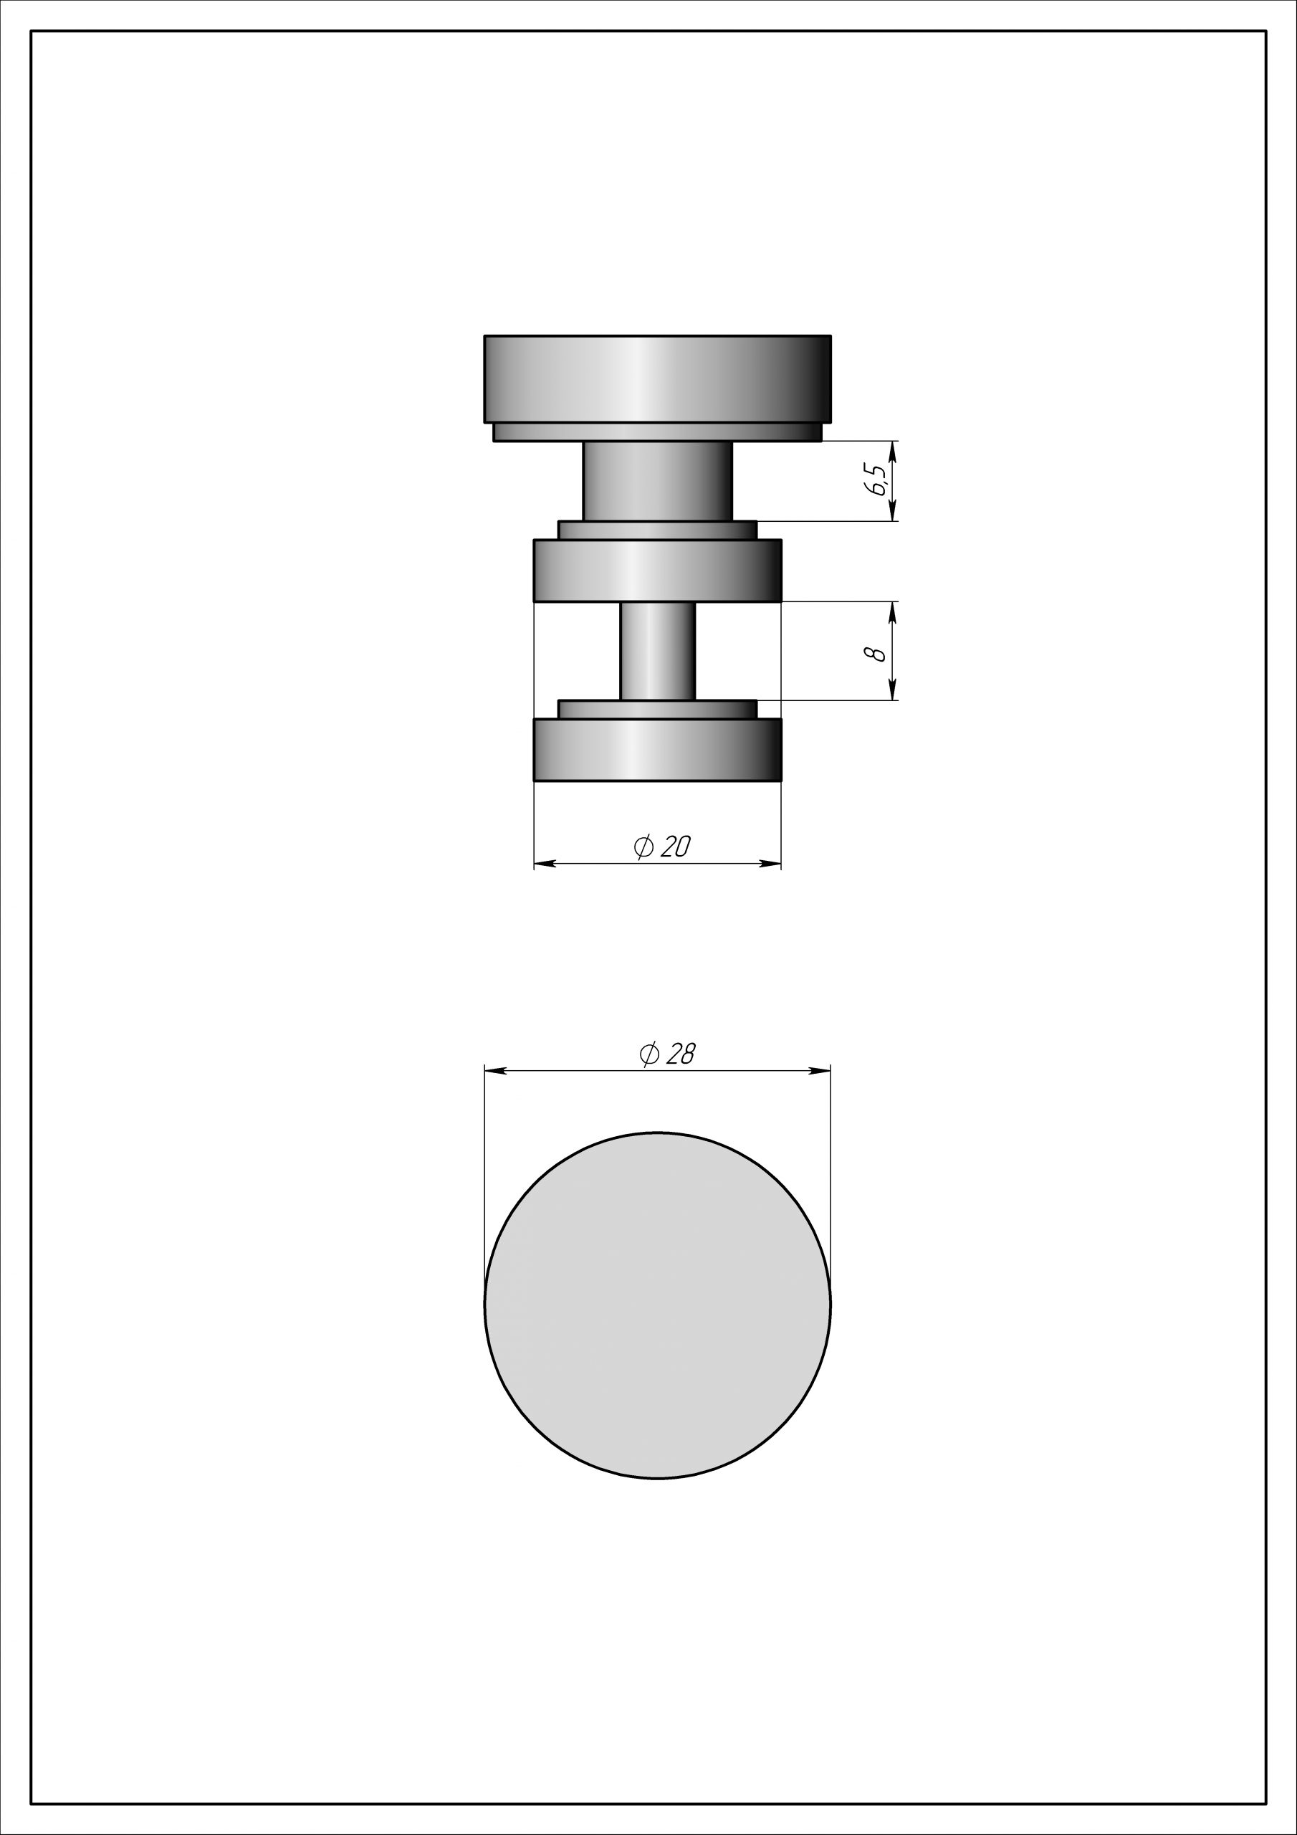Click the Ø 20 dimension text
[661, 846]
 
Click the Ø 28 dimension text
[667, 1054]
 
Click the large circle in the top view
[658, 1305]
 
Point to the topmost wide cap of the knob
[658, 379]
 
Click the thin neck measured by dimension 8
[658, 651]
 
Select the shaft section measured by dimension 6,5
[658, 481]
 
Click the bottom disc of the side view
[658, 750]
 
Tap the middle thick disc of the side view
[658, 571]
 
